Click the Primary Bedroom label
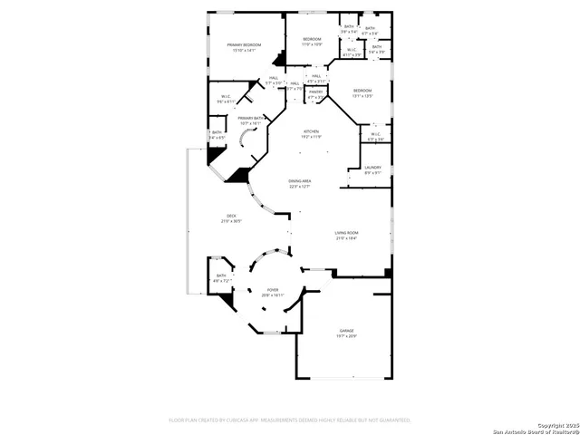[x=244, y=44]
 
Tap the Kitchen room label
[x=312, y=131]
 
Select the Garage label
[x=346, y=331]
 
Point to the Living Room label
[x=347, y=233]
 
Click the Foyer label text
[x=273, y=290]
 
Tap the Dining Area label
[x=300, y=181]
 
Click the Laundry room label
[x=372, y=168]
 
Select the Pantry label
[x=315, y=92]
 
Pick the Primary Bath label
[x=250, y=118]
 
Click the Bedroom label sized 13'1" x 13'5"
[x=362, y=91]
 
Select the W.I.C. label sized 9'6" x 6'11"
[x=227, y=97]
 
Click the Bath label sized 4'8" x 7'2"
[x=221, y=276]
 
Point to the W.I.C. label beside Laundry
[x=375, y=134]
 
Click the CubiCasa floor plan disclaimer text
[x=290, y=420]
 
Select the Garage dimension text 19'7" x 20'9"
[x=346, y=336]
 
